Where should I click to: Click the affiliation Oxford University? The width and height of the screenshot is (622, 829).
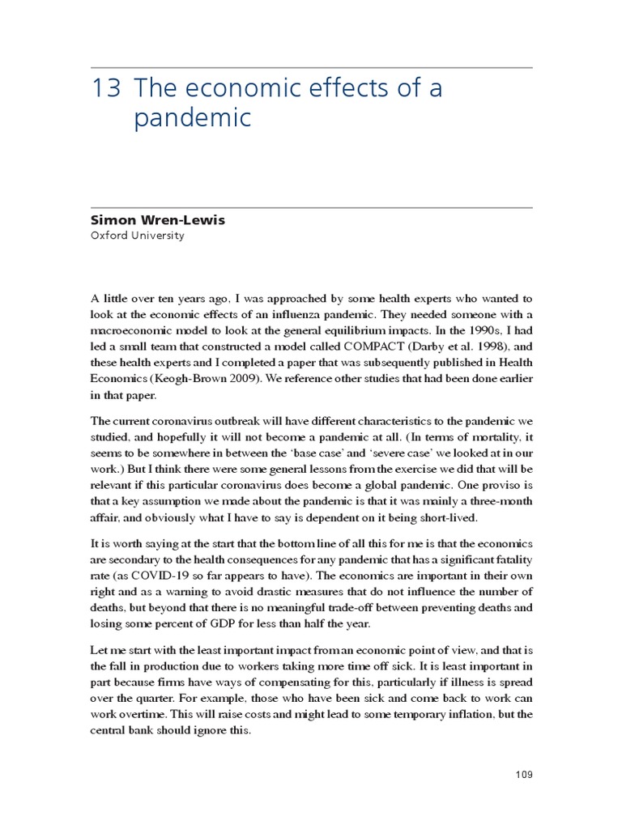click(x=136, y=236)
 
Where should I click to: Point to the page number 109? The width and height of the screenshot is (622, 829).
click(x=523, y=775)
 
